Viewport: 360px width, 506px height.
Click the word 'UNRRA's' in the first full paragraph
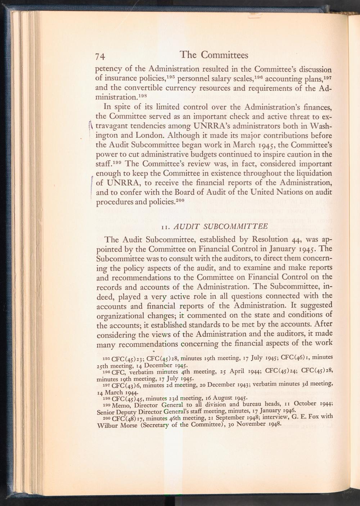pyautogui.click(x=214, y=127)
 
